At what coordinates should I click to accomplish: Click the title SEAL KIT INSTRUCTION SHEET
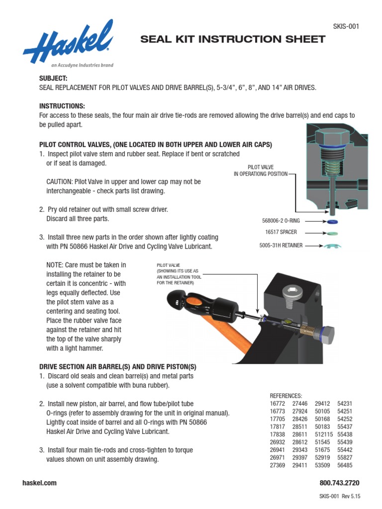(233, 39)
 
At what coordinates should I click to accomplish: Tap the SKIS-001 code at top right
(345, 26)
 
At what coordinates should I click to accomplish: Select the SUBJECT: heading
(53, 79)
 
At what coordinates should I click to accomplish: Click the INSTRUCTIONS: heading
(62, 106)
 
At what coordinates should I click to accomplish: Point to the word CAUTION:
(60, 182)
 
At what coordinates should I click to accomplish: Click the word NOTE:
(55, 265)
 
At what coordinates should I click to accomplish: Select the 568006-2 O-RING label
(281, 221)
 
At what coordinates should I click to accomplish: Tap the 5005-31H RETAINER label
(282, 245)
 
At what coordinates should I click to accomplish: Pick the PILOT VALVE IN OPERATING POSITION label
(261, 170)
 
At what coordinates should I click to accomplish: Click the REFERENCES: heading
(286, 395)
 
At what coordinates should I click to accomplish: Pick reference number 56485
(345, 465)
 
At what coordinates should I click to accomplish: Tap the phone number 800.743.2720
(339, 483)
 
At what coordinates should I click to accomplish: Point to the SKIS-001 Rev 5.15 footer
(339, 497)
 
